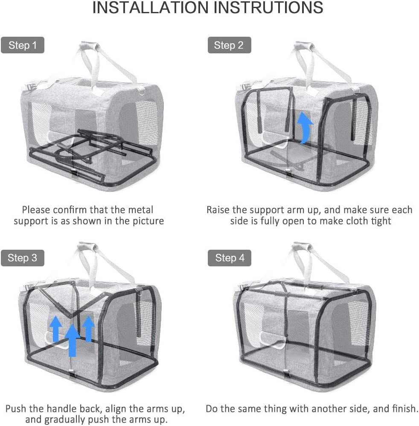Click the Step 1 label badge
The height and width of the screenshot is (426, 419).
(23, 45)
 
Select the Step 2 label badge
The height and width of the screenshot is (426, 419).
(229, 45)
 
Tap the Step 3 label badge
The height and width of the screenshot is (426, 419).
(23, 258)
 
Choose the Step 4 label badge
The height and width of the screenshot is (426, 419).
(230, 258)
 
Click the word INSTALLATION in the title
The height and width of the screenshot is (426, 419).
(150, 8)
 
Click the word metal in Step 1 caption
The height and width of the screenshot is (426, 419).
(139, 210)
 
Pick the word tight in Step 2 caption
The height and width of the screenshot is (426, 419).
(381, 221)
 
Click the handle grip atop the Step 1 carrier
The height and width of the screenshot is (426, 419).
(90, 45)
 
